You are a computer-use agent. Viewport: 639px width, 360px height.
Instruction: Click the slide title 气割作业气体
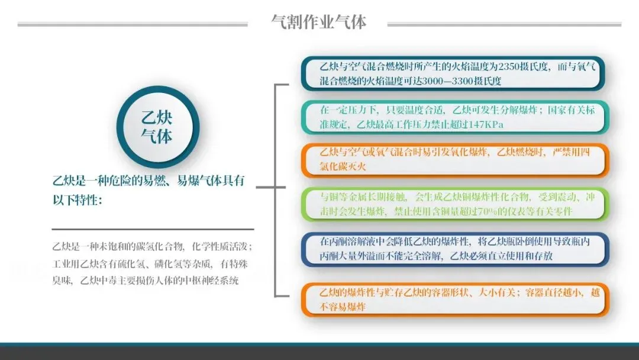click(318, 22)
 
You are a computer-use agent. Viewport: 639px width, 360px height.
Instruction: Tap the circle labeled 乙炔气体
click(156, 126)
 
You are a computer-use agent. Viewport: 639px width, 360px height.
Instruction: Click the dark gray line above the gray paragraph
click(153, 229)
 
